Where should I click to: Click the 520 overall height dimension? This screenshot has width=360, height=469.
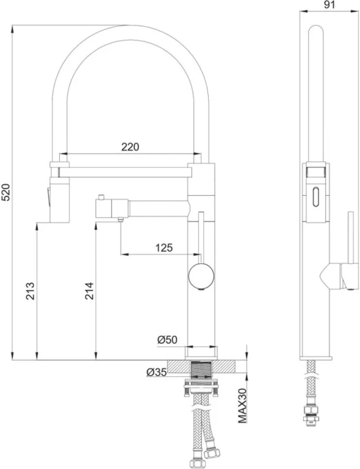click(x=7, y=192)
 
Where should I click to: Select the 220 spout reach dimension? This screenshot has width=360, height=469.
click(x=130, y=147)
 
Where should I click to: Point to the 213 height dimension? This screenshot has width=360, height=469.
click(x=30, y=291)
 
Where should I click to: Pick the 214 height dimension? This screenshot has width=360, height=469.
click(x=89, y=291)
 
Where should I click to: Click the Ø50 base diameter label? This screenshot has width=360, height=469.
click(x=167, y=340)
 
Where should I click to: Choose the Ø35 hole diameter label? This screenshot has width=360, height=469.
click(x=156, y=372)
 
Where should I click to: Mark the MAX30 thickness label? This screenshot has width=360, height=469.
click(x=242, y=406)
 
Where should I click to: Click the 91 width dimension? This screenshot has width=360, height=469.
click(x=330, y=5)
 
